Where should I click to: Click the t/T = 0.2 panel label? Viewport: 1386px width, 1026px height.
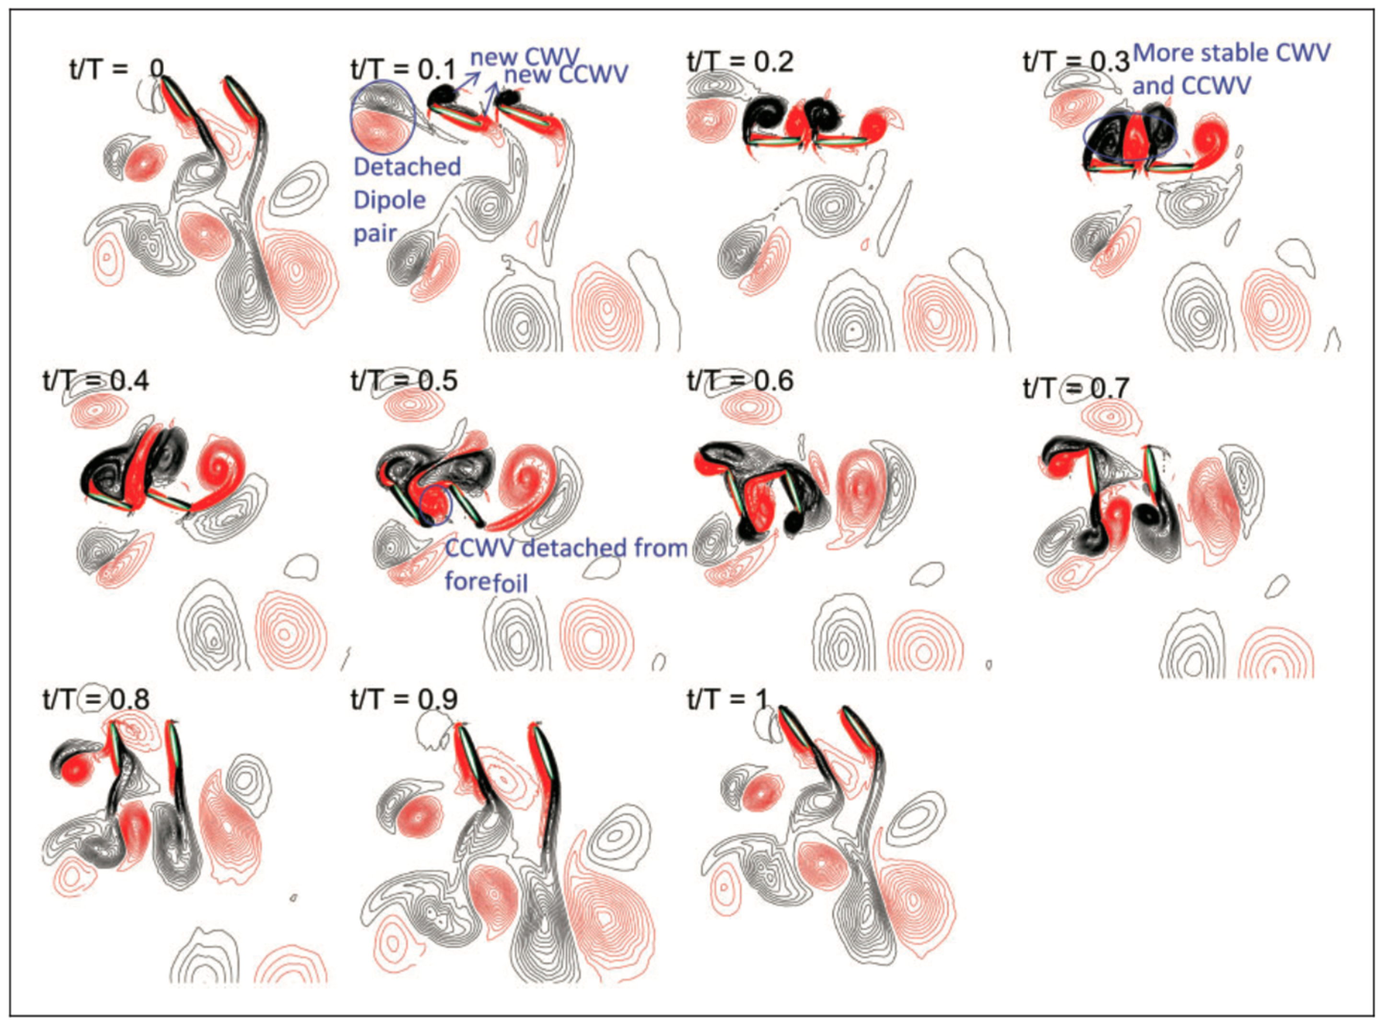tap(740, 62)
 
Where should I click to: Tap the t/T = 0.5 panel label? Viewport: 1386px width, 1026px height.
tap(404, 380)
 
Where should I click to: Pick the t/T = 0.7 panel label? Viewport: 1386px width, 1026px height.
tap(1076, 388)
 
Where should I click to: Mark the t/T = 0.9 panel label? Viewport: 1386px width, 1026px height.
tap(404, 699)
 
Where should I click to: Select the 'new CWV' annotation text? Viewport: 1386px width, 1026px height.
tap(525, 57)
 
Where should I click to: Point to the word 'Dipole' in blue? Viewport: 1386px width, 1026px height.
tap(389, 201)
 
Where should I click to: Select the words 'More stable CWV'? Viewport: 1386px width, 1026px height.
tap(1231, 53)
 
